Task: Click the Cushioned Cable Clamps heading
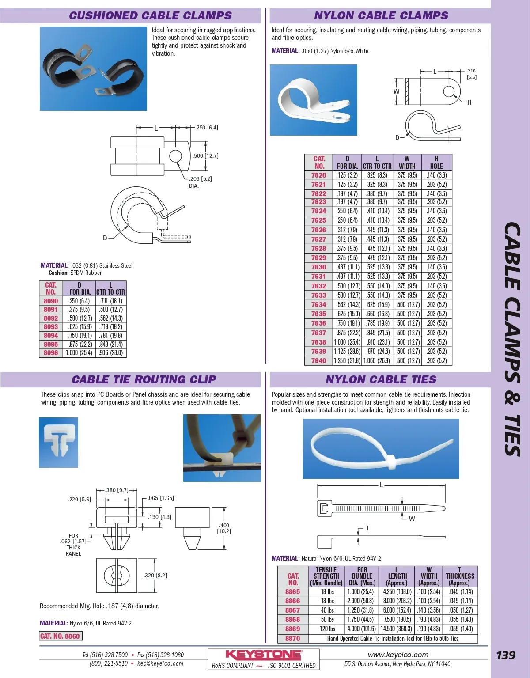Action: click(150, 15)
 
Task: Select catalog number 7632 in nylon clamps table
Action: click(318, 286)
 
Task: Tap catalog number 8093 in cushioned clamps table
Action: click(51, 327)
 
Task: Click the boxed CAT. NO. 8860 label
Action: click(60, 636)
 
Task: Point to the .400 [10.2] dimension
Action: click(224, 528)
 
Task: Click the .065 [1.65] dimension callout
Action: click(161, 498)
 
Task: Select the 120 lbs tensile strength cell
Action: click(327, 629)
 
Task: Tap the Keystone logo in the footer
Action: click(264, 655)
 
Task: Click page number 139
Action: click(505, 655)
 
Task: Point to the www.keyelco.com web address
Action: click(397, 655)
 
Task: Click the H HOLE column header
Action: click(436, 163)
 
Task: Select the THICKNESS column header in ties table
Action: click(460, 576)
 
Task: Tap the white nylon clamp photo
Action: click(313, 100)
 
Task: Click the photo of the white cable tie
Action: click(381, 449)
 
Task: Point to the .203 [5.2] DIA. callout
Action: click(200, 182)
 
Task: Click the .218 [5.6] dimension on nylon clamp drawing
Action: click(471, 74)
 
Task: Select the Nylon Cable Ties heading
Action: click(381, 379)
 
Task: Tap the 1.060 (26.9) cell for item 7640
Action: click(377, 361)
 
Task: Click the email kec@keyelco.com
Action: click(160, 663)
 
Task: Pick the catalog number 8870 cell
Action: click(292, 639)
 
